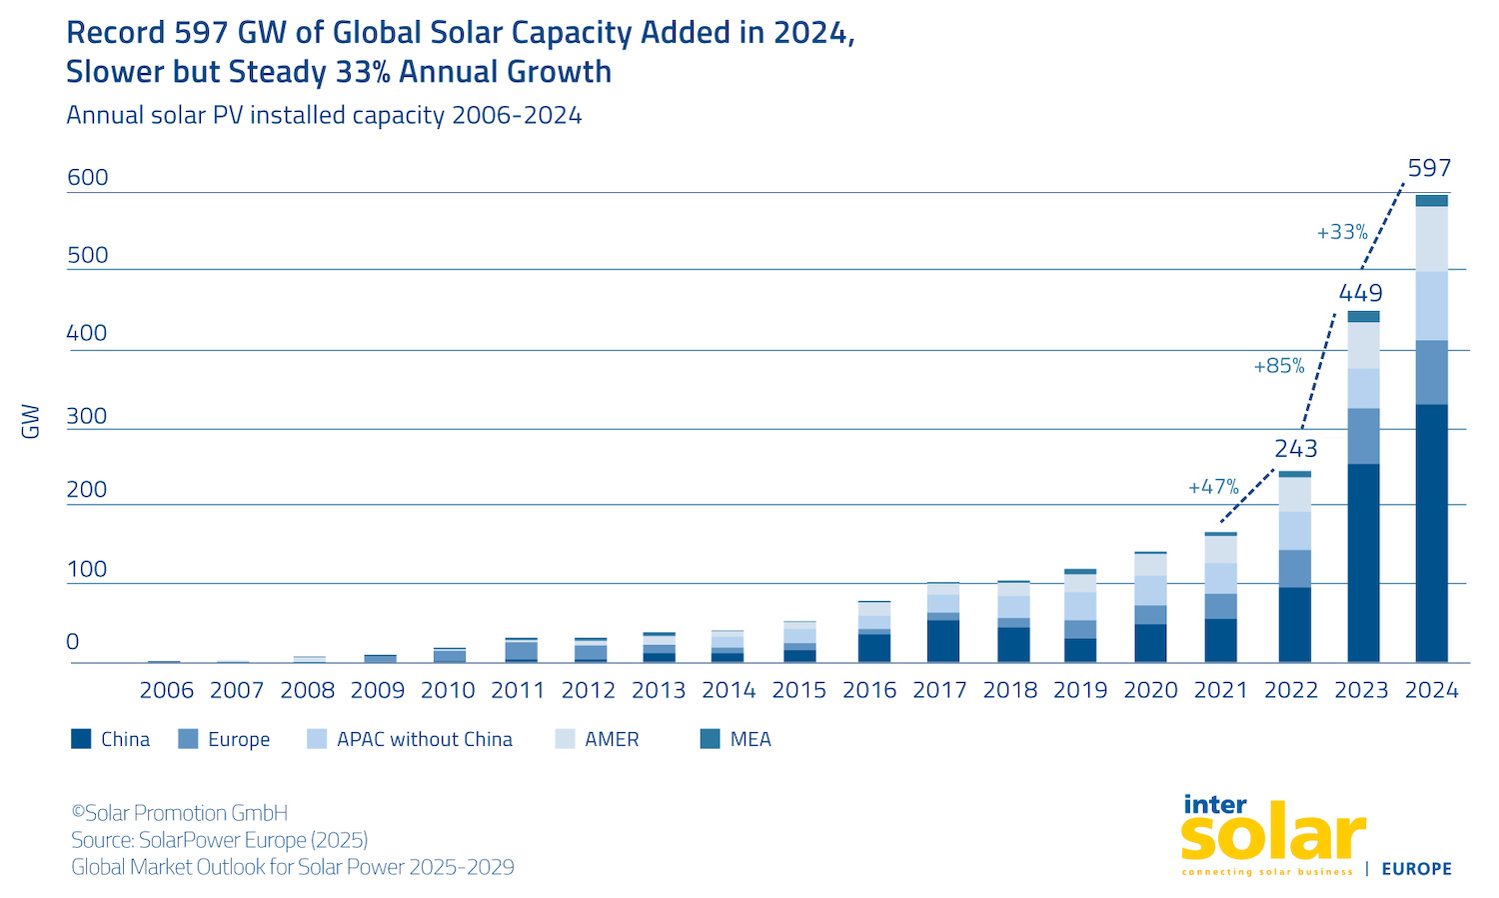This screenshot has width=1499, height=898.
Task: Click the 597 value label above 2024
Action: click(x=1429, y=168)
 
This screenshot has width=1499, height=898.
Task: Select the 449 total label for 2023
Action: click(x=1360, y=293)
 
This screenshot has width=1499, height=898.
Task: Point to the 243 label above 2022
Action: click(x=1295, y=448)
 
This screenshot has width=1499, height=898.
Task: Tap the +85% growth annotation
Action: click(x=1279, y=366)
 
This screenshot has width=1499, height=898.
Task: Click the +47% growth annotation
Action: click(x=1213, y=487)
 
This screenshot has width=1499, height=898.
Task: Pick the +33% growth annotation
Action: click(x=1342, y=232)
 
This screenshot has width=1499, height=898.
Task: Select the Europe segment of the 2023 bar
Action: click(x=1363, y=436)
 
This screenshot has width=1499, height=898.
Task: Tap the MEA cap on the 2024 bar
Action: click(x=1431, y=201)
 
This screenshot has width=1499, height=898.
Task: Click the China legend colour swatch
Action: click(x=81, y=739)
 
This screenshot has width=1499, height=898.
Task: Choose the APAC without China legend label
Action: click(x=424, y=739)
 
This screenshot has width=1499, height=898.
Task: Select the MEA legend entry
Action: click(x=749, y=739)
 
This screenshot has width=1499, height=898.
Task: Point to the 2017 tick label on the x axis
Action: click(x=939, y=690)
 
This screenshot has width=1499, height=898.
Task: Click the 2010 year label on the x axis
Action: click(x=448, y=690)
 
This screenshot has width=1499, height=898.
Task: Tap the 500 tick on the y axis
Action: click(x=87, y=255)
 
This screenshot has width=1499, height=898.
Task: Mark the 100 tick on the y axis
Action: click(x=87, y=569)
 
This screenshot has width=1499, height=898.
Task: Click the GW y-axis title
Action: click(x=31, y=421)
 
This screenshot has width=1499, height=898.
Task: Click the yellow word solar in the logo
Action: click(x=1272, y=836)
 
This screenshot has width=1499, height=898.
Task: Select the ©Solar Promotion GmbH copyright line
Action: click(x=180, y=813)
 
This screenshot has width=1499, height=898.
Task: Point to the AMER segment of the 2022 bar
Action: click(x=1295, y=494)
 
